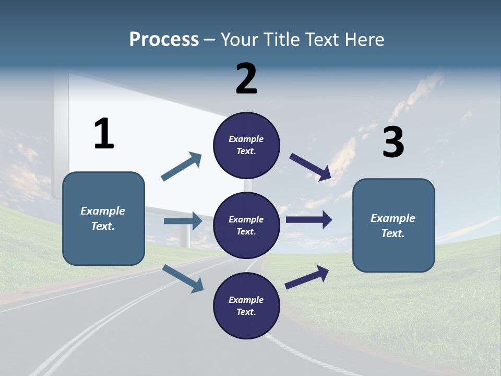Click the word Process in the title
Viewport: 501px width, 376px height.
[x=164, y=40]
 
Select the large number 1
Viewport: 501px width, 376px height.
[x=104, y=134]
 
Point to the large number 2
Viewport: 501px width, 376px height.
[x=246, y=78]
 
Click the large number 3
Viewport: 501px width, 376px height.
[x=393, y=142]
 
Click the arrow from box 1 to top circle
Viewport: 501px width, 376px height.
[x=182, y=167]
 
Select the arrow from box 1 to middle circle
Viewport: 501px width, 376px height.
[x=183, y=221]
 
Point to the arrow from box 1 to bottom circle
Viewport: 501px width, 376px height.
[x=183, y=278]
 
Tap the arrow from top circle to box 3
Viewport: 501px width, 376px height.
[x=311, y=167]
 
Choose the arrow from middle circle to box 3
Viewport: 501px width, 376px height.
[x=309, y=219]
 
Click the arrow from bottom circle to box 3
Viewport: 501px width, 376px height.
[x=307, y=277]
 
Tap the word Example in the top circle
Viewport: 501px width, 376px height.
[x=246, y=139]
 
